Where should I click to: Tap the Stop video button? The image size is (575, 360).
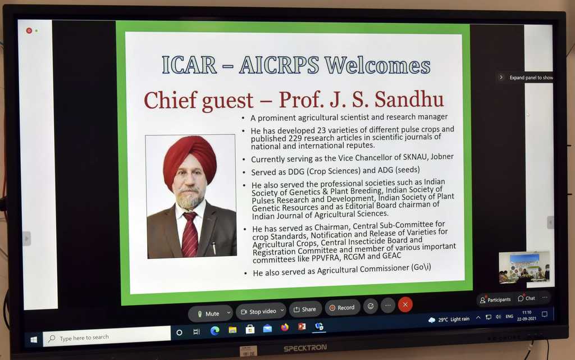click(261, 311)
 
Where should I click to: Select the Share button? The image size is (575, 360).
click(305, 309)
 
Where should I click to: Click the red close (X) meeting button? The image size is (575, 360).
click(405, 304)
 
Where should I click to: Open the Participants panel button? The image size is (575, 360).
click(495, 299)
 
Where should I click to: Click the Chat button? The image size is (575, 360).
click(527, 298)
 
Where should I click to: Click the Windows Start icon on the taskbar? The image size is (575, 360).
click(33, 340)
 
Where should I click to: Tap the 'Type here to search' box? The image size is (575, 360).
click(107, 336)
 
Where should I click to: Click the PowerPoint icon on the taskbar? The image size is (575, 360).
click(302, 326)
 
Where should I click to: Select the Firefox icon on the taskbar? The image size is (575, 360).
click(285, 327)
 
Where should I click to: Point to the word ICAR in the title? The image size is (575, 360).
click(189, 65)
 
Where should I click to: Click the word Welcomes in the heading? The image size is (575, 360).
click(377, 65)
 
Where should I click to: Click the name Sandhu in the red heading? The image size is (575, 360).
click(409, 99)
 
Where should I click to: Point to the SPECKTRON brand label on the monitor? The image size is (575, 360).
click(305, 348)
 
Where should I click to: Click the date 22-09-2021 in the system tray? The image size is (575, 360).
click(526, 318)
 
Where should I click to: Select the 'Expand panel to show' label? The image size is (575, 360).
click(531, 78)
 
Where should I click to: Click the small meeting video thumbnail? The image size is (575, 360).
click(524, 267)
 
